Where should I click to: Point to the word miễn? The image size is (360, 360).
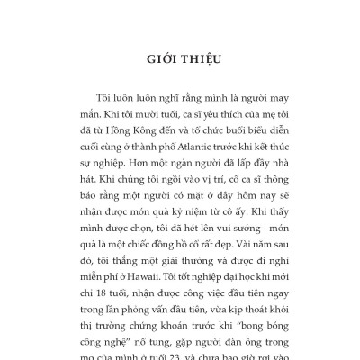(x=112, y=282)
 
